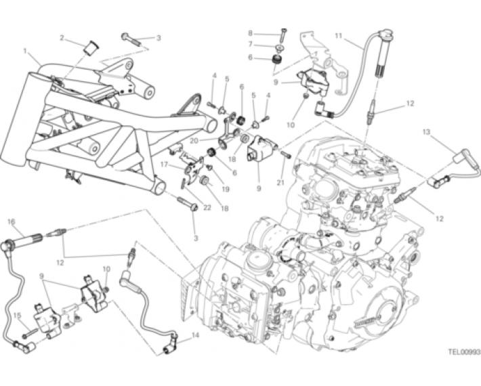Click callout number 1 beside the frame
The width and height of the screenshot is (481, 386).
point(25,51)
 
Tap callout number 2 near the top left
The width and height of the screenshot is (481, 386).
point(62,39)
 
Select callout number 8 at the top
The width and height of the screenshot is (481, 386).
point(249,33)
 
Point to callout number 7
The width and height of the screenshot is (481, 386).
point(249,45)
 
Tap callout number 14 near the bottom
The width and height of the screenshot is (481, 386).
point(196,335)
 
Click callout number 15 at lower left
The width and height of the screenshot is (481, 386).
point(18,316)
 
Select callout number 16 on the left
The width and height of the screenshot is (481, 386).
point(11,221)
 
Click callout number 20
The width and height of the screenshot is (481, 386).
point(193,142)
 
